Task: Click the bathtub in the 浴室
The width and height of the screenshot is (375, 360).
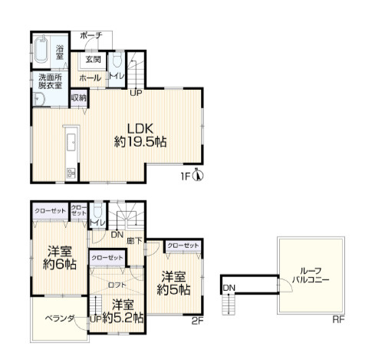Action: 41,50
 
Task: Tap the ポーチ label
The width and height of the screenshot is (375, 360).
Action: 91,35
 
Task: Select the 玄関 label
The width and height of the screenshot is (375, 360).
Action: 93,59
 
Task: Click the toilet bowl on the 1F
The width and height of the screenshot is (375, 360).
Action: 117,60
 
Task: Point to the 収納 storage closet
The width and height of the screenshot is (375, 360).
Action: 79,97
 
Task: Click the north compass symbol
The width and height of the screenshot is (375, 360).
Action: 198,175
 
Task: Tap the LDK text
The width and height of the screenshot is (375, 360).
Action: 140,128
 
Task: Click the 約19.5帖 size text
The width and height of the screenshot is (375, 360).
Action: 140,142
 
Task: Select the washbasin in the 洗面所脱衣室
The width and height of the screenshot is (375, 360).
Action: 39,99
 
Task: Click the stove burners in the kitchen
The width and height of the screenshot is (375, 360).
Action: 71,173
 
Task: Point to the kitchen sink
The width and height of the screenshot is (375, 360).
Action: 71,142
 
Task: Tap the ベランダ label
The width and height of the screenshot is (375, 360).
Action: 60,319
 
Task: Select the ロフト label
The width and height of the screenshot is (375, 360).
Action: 117,285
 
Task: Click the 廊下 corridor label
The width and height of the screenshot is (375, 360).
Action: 134,241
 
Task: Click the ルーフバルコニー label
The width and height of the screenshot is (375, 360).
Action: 311,275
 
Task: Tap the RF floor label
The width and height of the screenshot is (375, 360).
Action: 338,319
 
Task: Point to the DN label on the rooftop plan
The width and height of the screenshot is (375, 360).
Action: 229,288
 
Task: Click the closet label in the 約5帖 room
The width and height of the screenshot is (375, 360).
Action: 183,246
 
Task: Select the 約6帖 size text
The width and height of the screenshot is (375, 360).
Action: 60,264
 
